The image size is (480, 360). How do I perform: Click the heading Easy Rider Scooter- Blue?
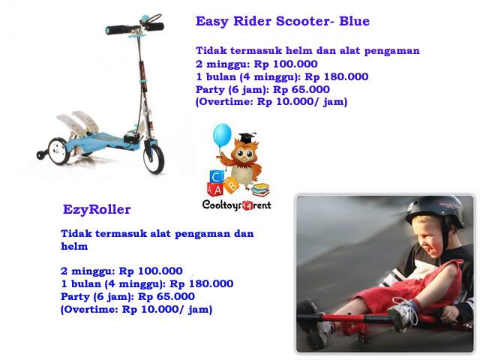[283, 22]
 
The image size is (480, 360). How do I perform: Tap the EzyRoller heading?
[97, 210]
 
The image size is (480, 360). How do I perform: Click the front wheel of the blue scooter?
[154, 157]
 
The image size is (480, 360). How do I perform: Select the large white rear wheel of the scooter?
[58, 151]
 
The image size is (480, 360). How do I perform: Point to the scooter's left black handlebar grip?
[117, 30]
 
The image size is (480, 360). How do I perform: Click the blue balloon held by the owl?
[222, 135]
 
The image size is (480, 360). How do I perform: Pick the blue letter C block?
[217, 177]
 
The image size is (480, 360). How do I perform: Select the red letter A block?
[216, 190]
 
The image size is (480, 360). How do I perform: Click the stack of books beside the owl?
[260, 190]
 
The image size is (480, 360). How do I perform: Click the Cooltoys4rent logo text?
[237, 205]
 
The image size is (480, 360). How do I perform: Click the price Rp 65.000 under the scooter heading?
[301, 90]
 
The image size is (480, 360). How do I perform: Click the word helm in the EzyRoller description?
[74, 247]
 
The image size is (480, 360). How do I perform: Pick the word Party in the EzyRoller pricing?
[74, 297]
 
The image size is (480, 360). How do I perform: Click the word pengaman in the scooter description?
[391, 51]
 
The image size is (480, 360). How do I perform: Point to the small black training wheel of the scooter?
[41, 155]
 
